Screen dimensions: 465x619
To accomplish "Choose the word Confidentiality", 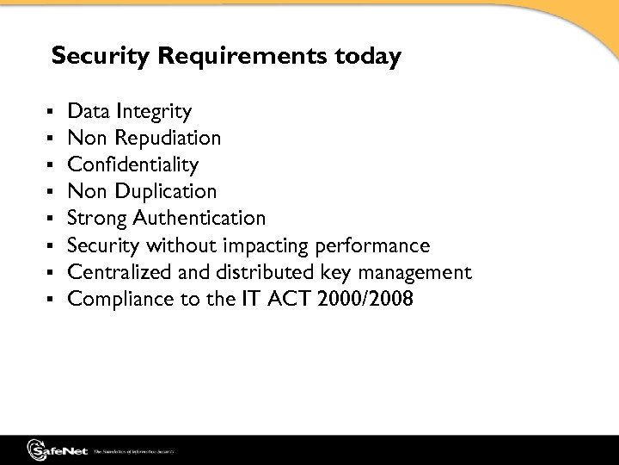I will pos(133,164).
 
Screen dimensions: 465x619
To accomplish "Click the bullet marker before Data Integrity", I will pos(54,112).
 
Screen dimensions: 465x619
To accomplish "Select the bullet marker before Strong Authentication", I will pos(54,219).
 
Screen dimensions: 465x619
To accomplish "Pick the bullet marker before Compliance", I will pos(54,301).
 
